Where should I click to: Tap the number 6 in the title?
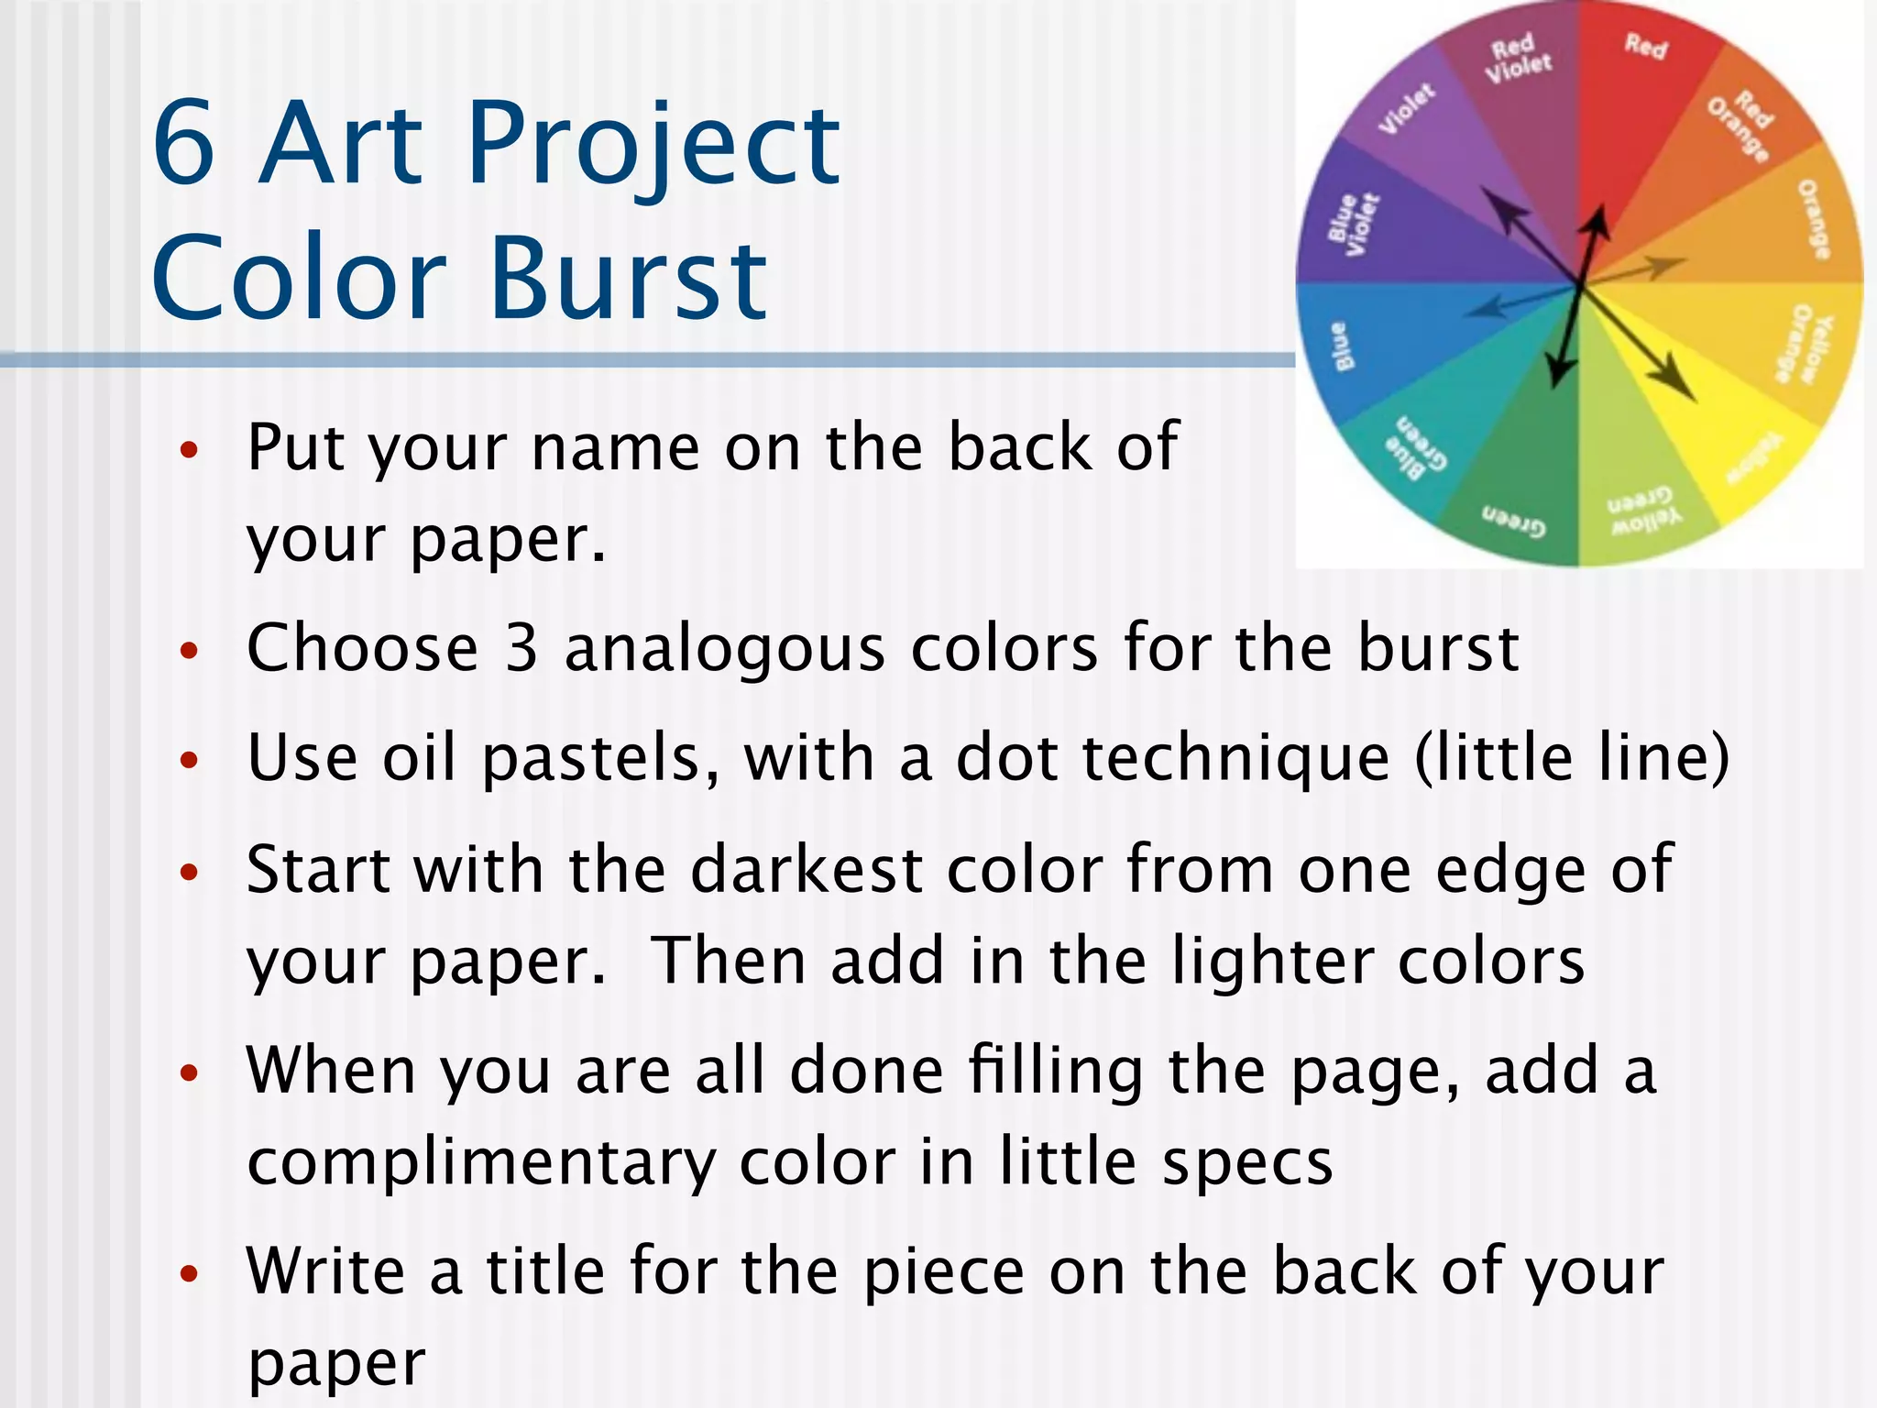point(184,144)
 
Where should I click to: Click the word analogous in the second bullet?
point(724,648)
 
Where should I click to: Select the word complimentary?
point(482,1162)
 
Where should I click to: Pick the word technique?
point(1236,759)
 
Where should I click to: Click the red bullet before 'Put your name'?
point(190,449)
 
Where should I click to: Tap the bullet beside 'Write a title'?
point(190,1273)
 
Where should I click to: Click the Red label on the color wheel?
point(1646,45)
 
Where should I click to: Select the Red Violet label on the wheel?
point(1517,59)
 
